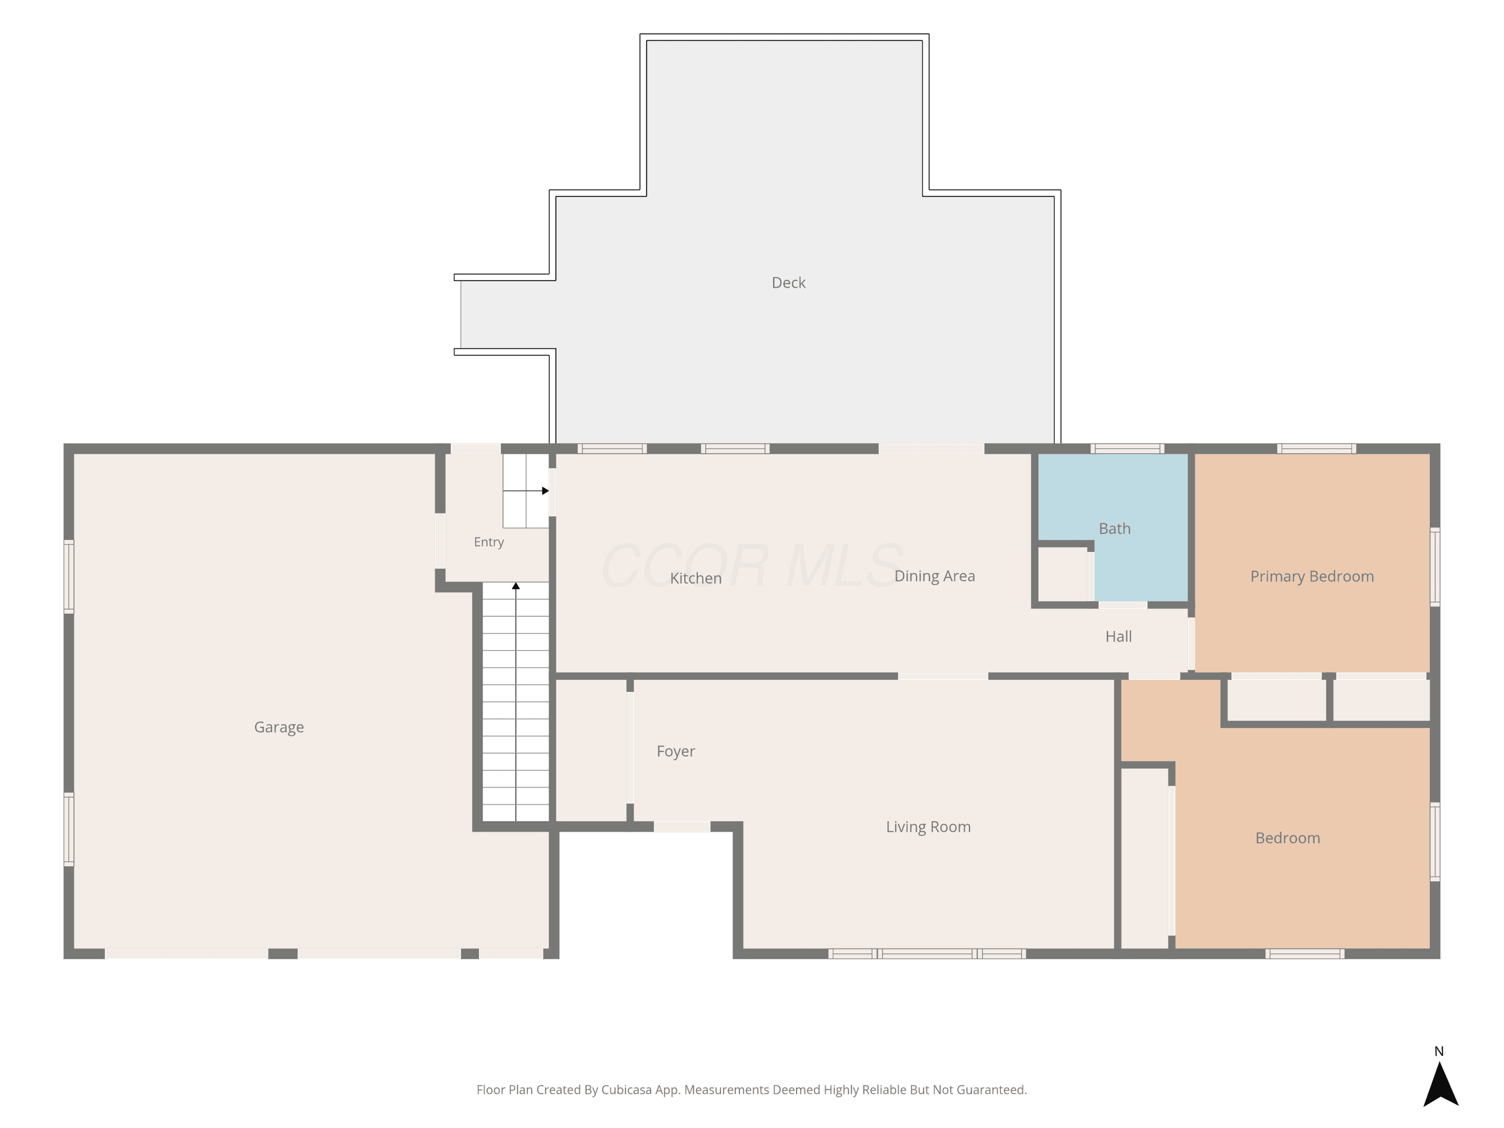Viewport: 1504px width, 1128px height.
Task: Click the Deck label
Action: [x=788, y=283]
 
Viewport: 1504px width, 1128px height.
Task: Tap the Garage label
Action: [x=279, y=727]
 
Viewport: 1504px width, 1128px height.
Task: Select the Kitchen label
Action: [x=695, y=578]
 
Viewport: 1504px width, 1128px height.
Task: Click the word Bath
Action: [x=1114, y=528]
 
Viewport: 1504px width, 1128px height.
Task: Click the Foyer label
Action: [x=675, y=751]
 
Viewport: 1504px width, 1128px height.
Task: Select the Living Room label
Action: [x=928, y=827]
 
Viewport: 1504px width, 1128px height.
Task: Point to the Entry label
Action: [x=489, y=542]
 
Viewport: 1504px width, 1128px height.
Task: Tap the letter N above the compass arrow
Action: [x=1439, y=1051]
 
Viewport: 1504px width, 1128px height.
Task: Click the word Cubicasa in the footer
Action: [x=626, y=1089]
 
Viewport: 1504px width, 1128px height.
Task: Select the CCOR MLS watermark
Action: [x=752, y=566]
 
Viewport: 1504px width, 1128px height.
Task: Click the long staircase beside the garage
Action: [x=515, y=702]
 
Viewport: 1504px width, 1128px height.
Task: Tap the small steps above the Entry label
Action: [x=525, y=491]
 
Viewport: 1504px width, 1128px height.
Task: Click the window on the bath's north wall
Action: [x=1127, y=449]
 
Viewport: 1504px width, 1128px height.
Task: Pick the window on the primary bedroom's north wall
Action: [x=1317, y=449]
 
